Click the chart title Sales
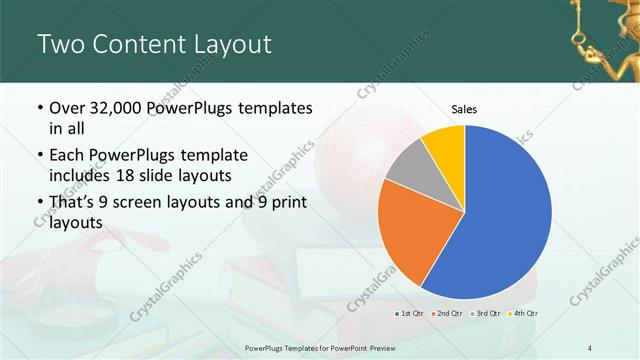463,108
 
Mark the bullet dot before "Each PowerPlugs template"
38,156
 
